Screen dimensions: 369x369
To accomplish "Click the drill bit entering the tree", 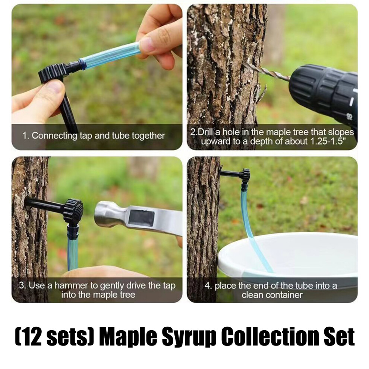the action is coord(267,70).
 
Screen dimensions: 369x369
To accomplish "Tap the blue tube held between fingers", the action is coord(111,56).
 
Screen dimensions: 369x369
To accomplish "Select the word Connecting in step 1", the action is coord(54,136).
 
